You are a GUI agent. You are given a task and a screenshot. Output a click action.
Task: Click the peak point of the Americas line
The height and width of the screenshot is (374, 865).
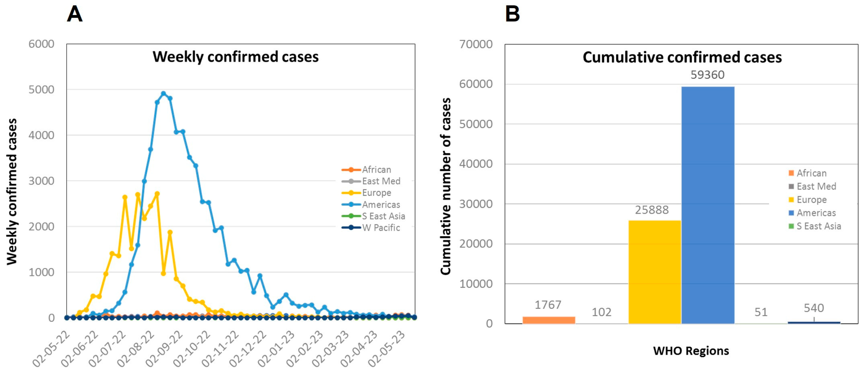pyautogui.click(x=163, y=94)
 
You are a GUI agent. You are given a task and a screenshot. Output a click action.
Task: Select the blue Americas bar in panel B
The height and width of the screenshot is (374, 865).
pyautogui.click(x=708, y=205)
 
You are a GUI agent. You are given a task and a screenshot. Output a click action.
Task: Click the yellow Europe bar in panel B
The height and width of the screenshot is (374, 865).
pyautogui.click(x=654, y=272)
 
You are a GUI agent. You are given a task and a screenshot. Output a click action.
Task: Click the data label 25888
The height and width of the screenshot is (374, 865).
pyautogui.click(x=652, y=210)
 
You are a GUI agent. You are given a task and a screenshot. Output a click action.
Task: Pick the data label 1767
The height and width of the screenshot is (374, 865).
pyautogui.click(x=548, y=305)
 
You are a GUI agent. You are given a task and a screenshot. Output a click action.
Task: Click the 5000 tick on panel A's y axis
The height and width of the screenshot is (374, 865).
pyautogui.click(x=41, y=90)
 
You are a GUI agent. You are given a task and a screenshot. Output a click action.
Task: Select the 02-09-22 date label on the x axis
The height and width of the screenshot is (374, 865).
pyautogui.click(x=165, y=349)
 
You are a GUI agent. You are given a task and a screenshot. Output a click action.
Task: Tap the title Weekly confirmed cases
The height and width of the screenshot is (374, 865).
pyautogui.click(x=235, y=57)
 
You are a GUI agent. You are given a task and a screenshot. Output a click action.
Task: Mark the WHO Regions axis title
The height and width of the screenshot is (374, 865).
pyautogui.click(x=691, y=351)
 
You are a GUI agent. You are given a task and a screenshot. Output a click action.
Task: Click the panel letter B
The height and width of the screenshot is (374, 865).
pyautogui.click(x=512, y=14)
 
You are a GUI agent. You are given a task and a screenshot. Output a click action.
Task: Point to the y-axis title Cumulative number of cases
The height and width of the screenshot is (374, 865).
pyautogui.click(x=446, y=186)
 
